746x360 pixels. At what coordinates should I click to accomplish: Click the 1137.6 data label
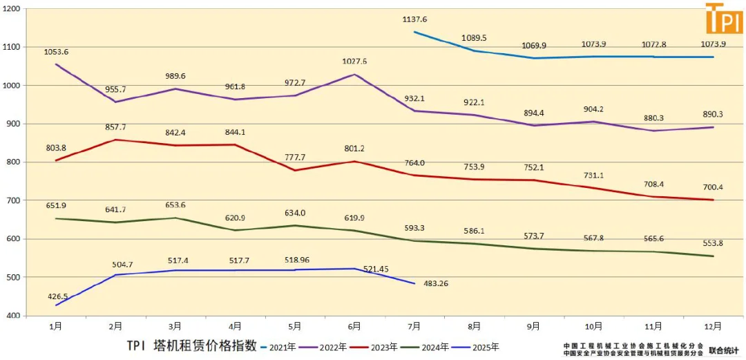click(414, 20)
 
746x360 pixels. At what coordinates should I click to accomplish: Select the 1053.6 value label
click(56, 52)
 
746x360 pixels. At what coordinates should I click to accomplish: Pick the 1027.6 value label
click(354, 61)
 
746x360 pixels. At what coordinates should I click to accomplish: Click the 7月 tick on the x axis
click(414, 325)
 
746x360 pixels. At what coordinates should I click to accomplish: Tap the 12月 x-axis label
click(713, 325)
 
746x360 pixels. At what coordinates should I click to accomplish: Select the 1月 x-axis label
click(56, 325)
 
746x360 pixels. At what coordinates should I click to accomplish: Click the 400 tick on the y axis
click(14, 316)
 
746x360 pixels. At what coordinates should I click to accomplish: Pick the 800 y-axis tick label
click(14, 162)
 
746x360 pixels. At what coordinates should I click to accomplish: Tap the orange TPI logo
click(723, 19)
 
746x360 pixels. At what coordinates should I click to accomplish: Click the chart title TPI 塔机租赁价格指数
click(191, 345)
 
